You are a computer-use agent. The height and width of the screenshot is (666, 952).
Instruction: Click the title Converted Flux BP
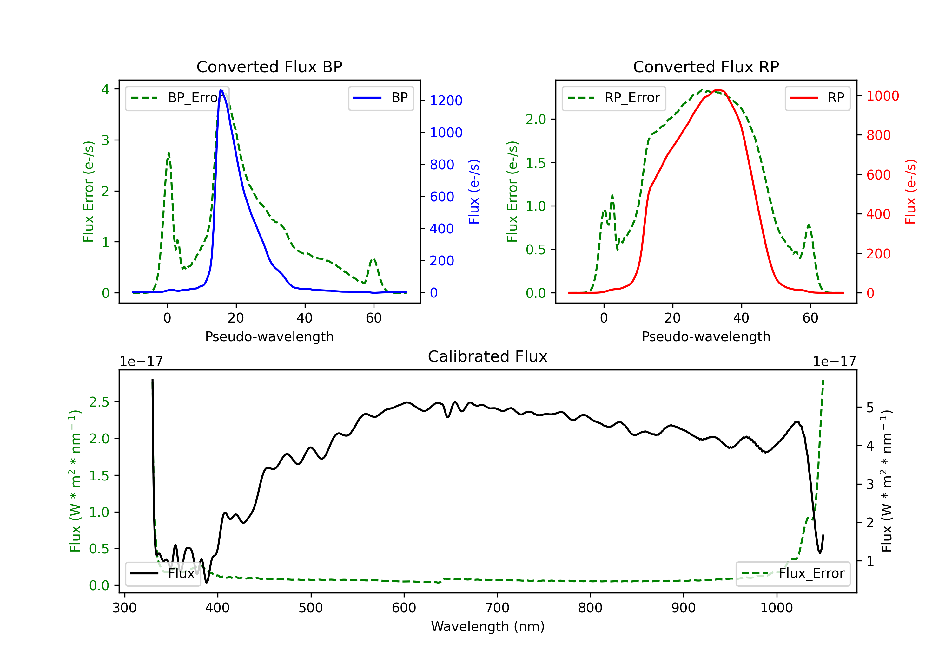(x=269, y=67)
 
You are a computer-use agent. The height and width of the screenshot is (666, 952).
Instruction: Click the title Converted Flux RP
(x=706, y=67)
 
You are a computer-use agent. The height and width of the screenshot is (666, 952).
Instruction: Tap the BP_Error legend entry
(x=177, y=98)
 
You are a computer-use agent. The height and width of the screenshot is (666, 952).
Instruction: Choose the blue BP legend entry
(x=380, y=98)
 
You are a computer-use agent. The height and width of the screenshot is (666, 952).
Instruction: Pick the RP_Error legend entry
(x=614, y=98)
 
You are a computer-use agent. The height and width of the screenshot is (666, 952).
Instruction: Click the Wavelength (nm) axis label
(x=488, y=626)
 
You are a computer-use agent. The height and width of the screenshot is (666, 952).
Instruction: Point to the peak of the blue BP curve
(x=221, y=90)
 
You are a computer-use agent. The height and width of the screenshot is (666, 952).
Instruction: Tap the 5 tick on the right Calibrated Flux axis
(x=870, y=408)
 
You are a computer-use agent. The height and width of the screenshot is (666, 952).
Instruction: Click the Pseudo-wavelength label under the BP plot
(x=269, y=336)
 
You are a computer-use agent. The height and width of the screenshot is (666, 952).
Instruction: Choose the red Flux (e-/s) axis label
(x=910, y=192)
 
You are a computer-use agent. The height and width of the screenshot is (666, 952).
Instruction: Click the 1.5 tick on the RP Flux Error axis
(x=535, y=163)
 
